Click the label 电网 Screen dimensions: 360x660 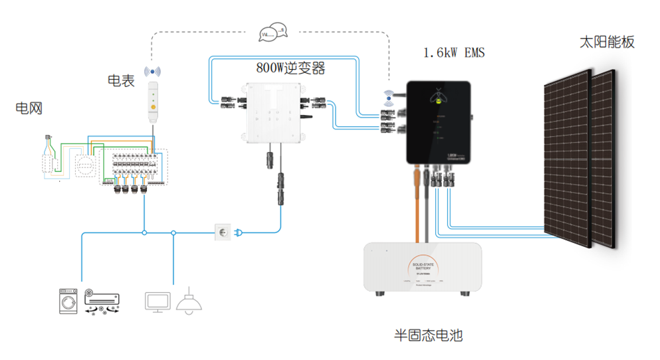pos(29,108)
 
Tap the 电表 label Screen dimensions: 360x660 pos(121,81)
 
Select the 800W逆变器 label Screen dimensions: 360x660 pos(290,68)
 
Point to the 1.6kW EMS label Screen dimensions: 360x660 pos(454,52)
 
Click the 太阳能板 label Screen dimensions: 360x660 pos(607,43)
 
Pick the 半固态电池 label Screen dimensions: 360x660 pos(428,335)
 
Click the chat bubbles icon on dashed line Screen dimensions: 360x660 pos(273,31)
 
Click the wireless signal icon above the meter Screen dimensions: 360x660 pos(154,71)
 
